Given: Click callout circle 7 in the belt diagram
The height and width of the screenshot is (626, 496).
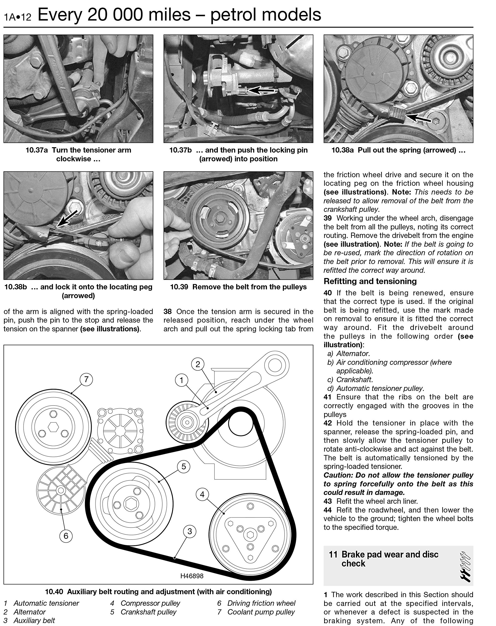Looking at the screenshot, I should point(86,379).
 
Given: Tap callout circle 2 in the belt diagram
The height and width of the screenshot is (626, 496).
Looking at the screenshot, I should point(198,364).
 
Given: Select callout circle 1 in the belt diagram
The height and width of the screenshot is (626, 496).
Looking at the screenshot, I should point(181,380).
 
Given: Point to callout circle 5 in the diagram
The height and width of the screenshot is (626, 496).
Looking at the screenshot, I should point(183,467).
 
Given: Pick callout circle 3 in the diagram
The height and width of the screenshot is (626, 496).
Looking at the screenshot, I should point(189,531).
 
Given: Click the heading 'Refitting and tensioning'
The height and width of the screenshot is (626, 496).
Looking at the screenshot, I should point(370,281).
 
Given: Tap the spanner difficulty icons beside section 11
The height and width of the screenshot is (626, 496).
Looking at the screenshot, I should point(465,567).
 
